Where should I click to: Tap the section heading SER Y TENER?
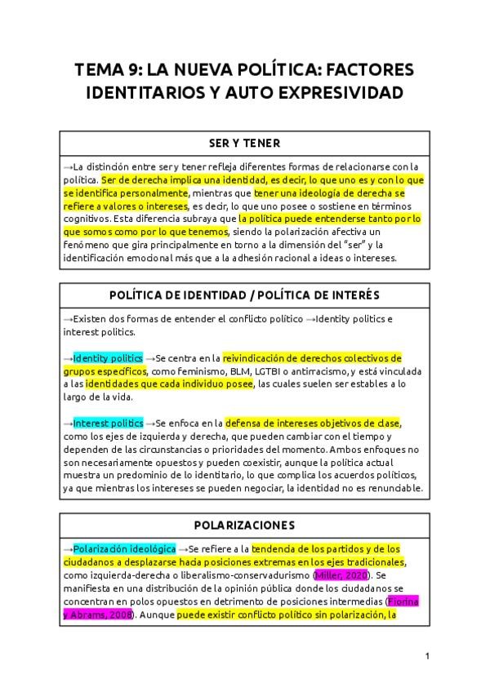click(x=244, y=144)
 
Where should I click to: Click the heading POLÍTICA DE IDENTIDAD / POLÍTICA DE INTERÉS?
click(x=244, y=295)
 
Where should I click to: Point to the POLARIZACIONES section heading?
click(x=244, y=524)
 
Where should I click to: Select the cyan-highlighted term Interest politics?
click(x=108, y=424)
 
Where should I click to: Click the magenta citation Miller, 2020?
click(x=335, y=576)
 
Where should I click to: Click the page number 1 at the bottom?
click(x=427, y=655)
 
